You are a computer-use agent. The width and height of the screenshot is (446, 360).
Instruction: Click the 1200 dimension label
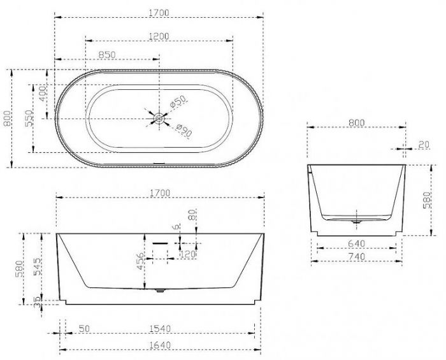click(159, 36)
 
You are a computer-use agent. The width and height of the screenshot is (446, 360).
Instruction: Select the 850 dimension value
click(107, 55)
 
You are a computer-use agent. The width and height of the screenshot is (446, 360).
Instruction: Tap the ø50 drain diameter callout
click(178, 102)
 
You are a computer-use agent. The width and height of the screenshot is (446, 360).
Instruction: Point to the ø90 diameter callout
click(183, 130)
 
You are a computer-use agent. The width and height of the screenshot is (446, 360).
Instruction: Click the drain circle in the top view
click(159, 119)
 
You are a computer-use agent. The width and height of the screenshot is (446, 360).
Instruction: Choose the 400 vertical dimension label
click(43, 94)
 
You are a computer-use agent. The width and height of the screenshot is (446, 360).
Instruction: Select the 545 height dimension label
click(38, 267)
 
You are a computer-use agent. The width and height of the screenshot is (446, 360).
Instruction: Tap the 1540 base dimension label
click(160, 329)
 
